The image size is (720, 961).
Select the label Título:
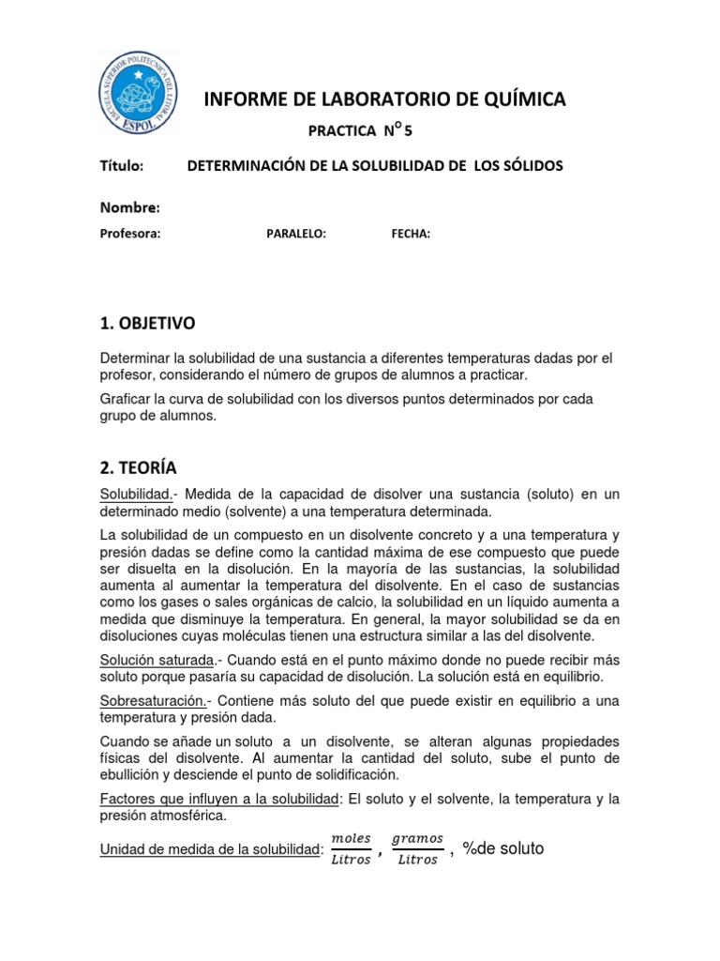pos(121,166)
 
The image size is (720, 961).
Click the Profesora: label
pos(130,235)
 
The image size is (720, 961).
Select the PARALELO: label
pos(296,235)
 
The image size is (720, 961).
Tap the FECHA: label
pos(411,235)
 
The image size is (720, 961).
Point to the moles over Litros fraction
pos(352,847)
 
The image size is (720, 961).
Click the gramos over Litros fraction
pos(416,847)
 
